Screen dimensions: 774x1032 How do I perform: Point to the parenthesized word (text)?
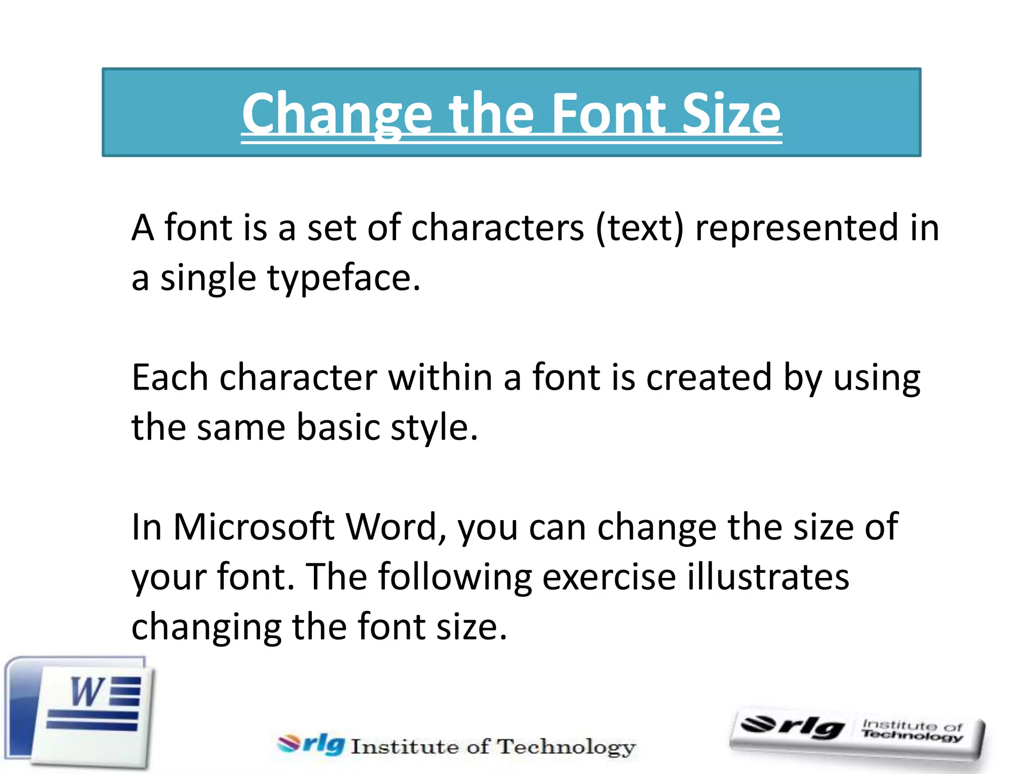[639, 228]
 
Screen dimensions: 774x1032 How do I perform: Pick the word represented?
[796, 228]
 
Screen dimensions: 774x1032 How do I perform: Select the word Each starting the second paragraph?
[170, 377]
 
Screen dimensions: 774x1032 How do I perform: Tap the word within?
[440, 377]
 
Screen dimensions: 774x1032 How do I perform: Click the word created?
[708, 377]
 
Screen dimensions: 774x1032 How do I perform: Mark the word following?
[455, 577]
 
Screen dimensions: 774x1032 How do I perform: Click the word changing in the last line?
[206, 627]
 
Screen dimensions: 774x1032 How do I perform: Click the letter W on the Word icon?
[87, 692]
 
